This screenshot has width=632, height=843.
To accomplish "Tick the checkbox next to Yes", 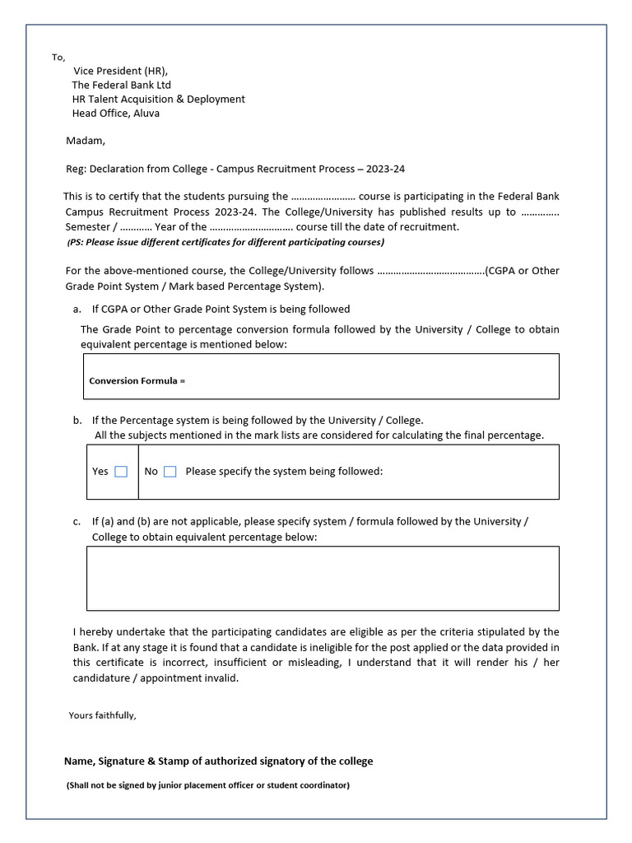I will click(121, 472).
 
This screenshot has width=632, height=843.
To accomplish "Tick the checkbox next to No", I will click(170, 472).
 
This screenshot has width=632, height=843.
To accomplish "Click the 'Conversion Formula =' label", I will click(137, 381).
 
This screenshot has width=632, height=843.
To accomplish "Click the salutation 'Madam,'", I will click(86, 141).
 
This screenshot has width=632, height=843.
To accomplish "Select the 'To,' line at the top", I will click(58, 58).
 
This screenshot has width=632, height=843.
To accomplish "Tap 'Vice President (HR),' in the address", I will click(126, 71).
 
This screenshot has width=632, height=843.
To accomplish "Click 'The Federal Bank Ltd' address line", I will click(122, 85).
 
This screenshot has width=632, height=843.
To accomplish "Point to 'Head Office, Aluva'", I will click(116, 114).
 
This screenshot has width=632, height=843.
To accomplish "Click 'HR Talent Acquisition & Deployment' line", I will click(159, 99).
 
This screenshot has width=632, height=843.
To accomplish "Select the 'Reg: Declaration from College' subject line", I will click(235, 170).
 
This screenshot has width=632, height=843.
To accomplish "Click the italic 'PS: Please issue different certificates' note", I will click(225, 242).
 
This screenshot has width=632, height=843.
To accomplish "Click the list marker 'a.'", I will click(77, 310).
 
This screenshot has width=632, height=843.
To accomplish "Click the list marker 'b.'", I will click(77, 420).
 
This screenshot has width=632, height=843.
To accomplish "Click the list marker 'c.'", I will click(77, 522).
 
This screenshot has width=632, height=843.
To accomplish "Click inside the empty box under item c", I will click(323, 578).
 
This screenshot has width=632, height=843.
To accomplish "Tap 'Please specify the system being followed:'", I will click(284, 472).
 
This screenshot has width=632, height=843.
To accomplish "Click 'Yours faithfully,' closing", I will click(102, 715).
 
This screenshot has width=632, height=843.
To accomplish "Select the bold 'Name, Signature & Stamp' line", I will click(218, 761).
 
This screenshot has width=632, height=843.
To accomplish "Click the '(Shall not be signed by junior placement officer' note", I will click(207, 785).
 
